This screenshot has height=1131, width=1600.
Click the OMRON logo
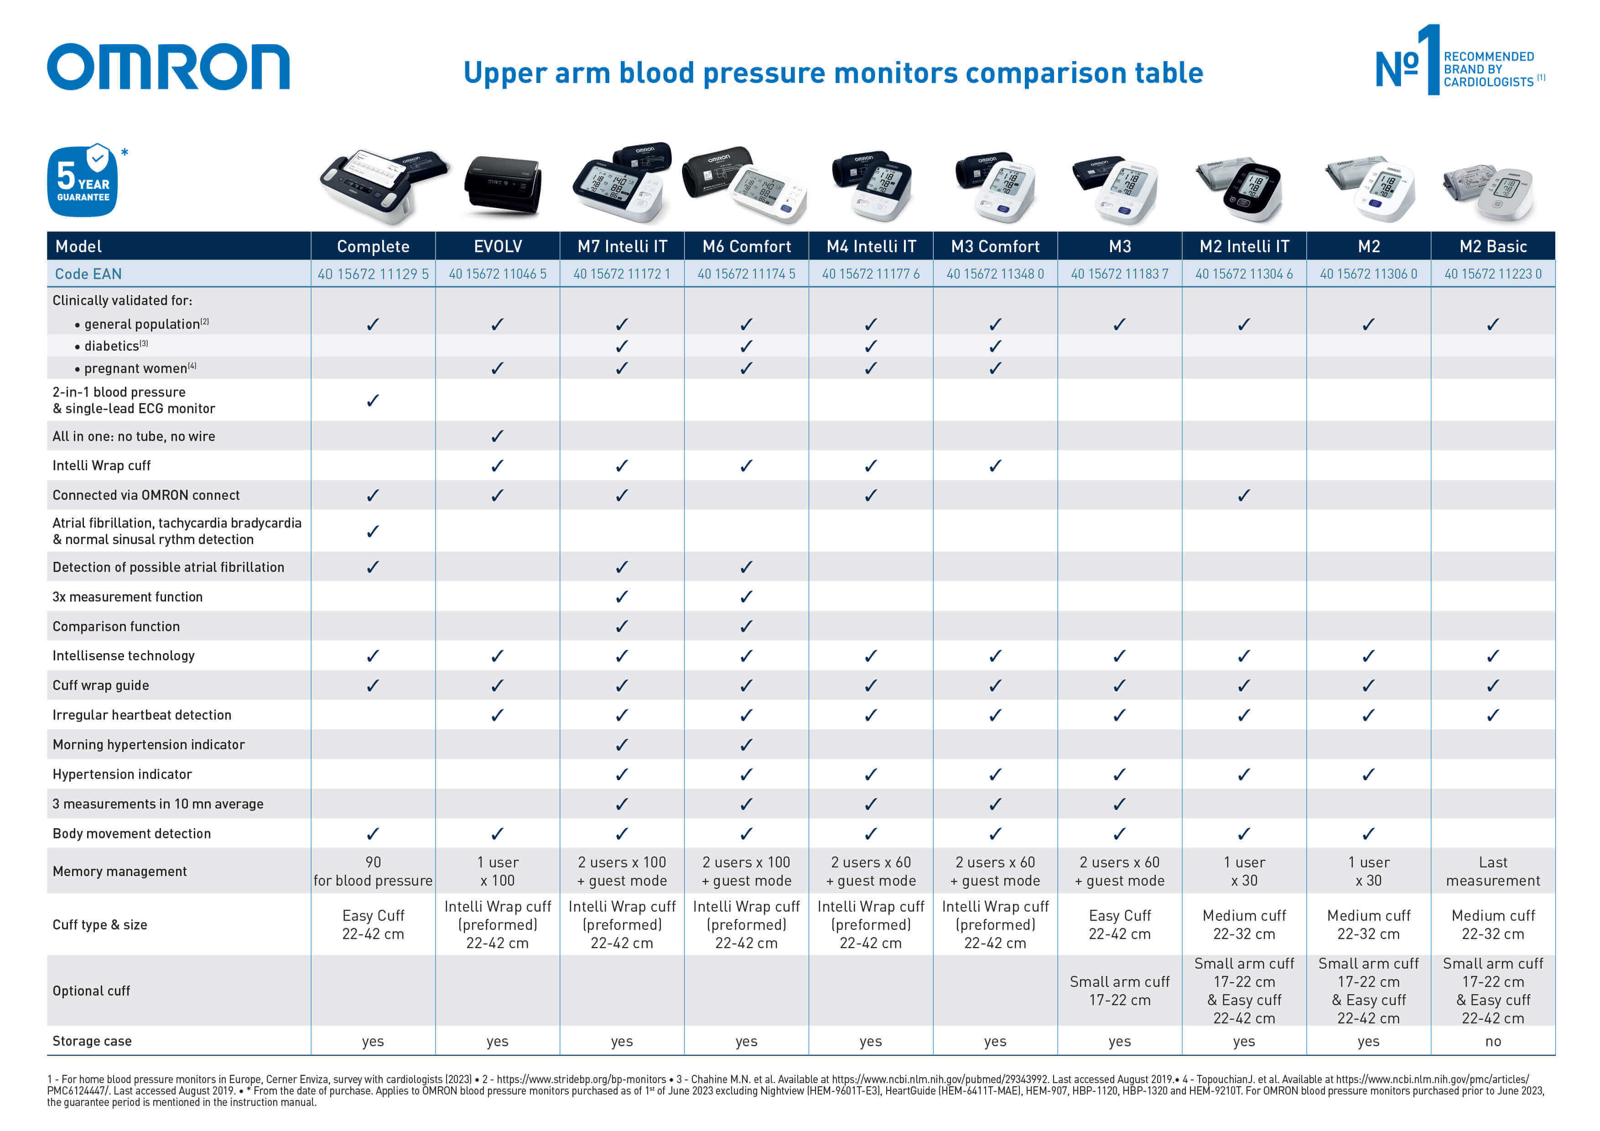coord(168,67)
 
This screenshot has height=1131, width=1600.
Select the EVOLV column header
coord(498,246)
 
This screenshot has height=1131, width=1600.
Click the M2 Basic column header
coord(1493,246)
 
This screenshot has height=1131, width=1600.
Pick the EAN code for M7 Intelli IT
coord(622,274)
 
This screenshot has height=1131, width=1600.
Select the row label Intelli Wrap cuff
coord(102,466)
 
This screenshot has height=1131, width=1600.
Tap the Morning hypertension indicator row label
coord(148,744)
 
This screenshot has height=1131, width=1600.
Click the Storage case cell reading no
coord(1493,1041)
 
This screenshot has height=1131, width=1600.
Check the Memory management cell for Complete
coord(373,871)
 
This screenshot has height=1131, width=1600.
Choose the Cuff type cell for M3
coord(1119,925)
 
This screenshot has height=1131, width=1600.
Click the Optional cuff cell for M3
coord(1119,990)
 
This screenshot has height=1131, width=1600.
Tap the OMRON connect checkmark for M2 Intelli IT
coord(1244,495)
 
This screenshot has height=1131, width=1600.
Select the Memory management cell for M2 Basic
coord(1493,871)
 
